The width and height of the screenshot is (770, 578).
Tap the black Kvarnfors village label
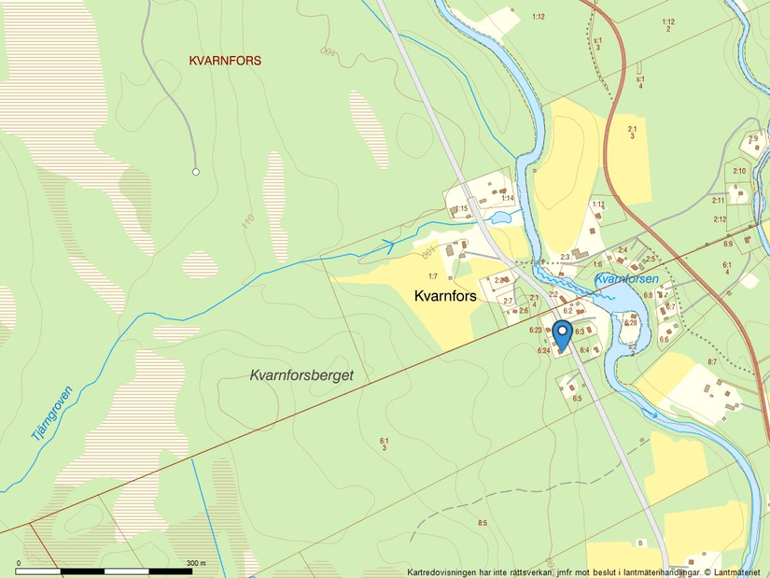[x=445, y=295]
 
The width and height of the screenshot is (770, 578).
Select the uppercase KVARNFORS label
[x=225, y=61]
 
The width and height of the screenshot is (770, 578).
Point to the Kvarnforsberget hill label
[x=309, y=374]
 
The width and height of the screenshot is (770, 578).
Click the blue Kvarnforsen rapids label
[x=626, y=278]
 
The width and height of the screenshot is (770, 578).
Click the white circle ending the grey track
[x=196, y=172]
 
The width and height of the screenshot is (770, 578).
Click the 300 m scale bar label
[x=195, y=563]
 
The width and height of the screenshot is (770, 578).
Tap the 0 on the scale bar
[x=18, y=563]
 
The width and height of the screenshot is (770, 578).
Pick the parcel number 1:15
[x=460, y=208]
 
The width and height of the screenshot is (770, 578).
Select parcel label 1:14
[x=507, y=198]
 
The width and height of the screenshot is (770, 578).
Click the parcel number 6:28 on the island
[x=630, y=322]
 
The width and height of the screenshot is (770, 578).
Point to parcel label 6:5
[x=577, y=399]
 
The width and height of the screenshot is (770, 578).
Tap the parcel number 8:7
[x=711, y=361]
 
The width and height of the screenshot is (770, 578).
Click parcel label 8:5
[x=482, y=522]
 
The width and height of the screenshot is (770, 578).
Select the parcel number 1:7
[x=433, y=276]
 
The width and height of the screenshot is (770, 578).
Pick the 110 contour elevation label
[x=247, y=221]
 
